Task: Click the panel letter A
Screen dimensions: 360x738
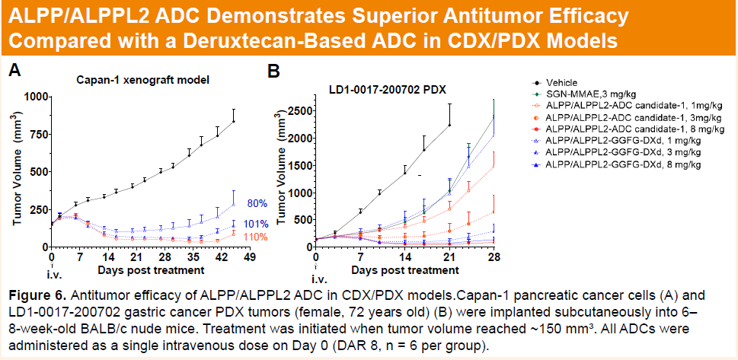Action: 14,72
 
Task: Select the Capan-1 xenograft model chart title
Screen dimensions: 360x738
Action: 142,79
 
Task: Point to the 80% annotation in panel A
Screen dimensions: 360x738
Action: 257,203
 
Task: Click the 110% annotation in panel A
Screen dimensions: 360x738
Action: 256,237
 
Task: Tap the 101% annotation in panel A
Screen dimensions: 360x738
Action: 256,225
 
